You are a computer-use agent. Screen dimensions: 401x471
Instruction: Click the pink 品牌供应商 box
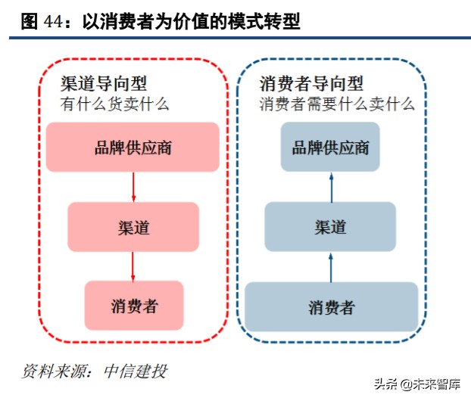coord(133,147)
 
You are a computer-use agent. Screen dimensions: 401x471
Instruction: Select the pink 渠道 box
coord(133,226)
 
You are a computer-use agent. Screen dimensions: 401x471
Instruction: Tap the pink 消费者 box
coord(134,306)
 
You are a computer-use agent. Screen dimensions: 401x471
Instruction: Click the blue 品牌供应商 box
coord(330,147)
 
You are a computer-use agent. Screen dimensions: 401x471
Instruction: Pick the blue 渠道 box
coord(330,226)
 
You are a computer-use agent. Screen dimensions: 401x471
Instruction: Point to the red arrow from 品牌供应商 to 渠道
coord(133,186)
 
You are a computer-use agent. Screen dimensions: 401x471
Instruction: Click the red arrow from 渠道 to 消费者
coord(133,266)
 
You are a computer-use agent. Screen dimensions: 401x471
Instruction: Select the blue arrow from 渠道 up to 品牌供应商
coord(331,186)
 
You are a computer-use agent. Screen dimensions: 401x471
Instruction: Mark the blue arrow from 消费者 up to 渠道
coord(331,266)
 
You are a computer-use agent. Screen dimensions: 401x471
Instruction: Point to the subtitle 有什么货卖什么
coord(114,104)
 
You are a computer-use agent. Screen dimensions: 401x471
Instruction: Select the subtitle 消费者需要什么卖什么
coord(337,104)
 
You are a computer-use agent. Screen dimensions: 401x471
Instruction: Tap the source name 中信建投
coord(136,371)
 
